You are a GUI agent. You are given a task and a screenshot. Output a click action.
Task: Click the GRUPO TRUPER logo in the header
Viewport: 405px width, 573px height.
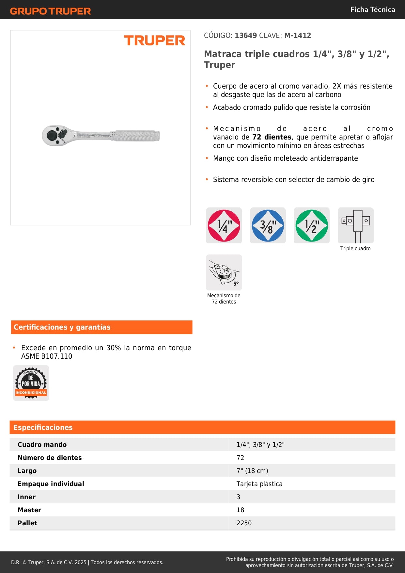pyautogui.click(x=50, y=11)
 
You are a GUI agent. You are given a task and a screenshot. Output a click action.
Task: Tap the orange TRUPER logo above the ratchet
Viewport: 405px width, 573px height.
pyautogui.click(x=154, y=41)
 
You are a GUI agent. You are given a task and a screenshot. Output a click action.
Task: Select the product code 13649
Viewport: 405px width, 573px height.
pyautogui.click(x=246, y=36)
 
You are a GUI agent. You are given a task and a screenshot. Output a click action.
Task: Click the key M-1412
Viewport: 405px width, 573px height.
pyautogui.click(x=297, y=36)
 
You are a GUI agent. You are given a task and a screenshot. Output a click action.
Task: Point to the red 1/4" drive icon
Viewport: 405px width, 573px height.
pyautogui.click(x=224, y=225)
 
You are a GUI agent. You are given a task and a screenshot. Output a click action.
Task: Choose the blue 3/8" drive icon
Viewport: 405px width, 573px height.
pyautogui.click(x=268, y=225)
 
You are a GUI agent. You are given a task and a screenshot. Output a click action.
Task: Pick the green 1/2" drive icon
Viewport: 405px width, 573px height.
pyautogui.click(x=311, y=225)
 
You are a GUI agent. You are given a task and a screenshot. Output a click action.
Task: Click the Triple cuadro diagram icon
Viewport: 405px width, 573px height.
pyautogui.click(x=355, y=225)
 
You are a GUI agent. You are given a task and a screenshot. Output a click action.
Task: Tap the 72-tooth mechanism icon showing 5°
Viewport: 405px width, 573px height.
pyautogui.click(x=224, y=272)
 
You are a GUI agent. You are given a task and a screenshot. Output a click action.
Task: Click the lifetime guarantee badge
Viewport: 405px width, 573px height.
pyautogui.click(x=31, y=383)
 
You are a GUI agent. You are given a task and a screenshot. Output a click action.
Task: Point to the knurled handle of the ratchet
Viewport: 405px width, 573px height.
pyautogui.click(x=135, y=136)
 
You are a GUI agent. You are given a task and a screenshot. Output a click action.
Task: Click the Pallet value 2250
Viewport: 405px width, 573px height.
pyautogui.click(x=244, y=523)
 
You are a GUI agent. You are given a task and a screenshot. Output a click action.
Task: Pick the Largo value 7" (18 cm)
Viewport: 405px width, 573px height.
pyautogui.click(x=252, y=471)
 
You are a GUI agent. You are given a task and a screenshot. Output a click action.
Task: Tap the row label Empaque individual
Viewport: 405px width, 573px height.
pyautogui.click(x=51, y=484)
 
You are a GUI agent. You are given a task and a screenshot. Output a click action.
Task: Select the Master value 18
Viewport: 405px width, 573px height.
pyautogui.click(x=240, y=510)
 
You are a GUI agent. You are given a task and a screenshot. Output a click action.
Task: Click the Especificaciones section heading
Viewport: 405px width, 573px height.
pyautogui.click(x=43, y=427)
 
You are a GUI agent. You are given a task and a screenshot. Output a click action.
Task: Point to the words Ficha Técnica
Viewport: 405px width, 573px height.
pyautogui.click(x=372, y=10)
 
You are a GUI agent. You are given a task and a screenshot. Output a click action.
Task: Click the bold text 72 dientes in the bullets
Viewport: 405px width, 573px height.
pyautogui.click(x=272, y=137)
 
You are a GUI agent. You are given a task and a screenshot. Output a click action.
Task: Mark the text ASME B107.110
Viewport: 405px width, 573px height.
pyautogui.click(x=47, y=356)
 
